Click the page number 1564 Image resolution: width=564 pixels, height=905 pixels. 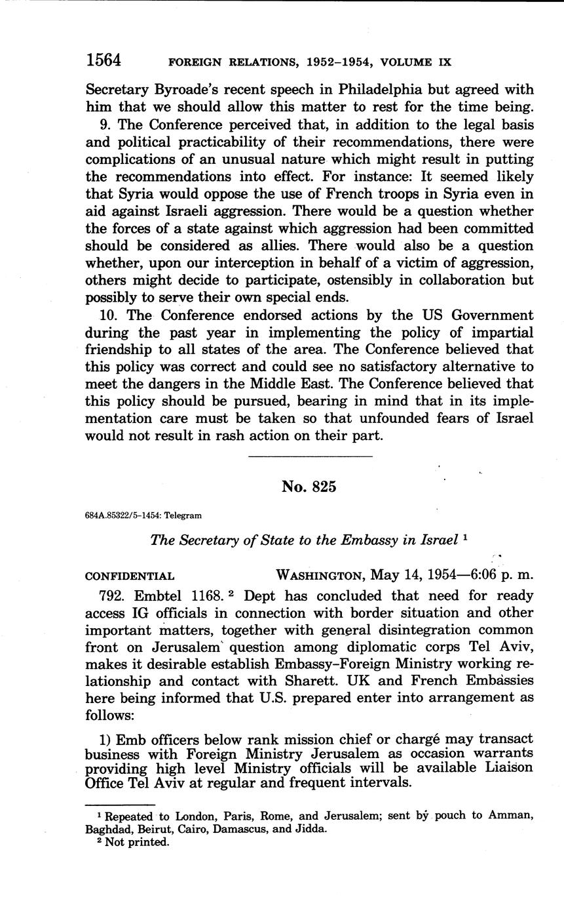coord(103,60)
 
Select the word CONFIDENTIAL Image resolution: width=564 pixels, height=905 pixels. coord(130,576)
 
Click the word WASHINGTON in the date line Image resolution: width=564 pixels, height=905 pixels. coord(320,576)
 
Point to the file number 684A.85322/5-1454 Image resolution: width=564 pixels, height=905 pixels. coord(125,515)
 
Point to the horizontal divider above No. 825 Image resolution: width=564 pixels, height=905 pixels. coord(310,456)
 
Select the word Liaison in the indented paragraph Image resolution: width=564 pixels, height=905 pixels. coord(507,767)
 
